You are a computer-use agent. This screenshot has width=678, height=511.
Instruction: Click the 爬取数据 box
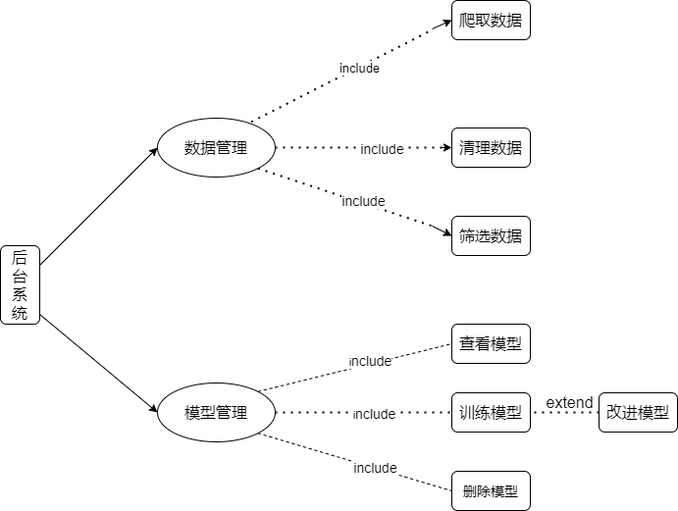point(491,20)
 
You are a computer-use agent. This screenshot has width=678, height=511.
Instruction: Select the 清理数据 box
point(491,148)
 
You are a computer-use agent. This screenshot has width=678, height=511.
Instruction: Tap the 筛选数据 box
point(491,235)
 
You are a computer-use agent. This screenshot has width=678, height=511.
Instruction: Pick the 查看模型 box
point(491,344)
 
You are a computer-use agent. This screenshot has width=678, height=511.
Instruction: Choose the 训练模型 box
point(491,412)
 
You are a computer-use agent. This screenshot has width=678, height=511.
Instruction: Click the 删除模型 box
point(491,490)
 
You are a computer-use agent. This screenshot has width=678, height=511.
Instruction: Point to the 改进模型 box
point(638,412)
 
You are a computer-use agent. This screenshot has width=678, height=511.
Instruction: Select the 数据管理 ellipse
point(216,148)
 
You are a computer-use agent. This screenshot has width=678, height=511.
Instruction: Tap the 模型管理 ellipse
point(216,412)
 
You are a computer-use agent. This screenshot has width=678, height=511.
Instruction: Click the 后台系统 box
point(20,285)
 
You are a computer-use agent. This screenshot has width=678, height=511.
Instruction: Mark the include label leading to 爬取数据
point(359,69)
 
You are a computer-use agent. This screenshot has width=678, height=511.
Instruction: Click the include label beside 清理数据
point(382,149)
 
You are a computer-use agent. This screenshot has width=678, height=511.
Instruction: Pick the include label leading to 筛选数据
point(363,201)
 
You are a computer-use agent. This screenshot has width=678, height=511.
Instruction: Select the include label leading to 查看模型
point(370,361)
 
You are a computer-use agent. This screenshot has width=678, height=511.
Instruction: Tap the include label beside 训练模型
point(374,414)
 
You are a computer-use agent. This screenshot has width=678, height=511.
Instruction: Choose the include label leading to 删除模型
point(375,468)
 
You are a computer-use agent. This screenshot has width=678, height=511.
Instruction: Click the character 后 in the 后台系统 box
point(20,258)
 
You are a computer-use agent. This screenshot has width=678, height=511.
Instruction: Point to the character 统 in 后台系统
point(20,314)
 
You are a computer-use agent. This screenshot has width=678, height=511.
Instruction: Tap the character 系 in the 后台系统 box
point(20,295)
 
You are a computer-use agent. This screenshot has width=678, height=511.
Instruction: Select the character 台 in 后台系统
point(20,277)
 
